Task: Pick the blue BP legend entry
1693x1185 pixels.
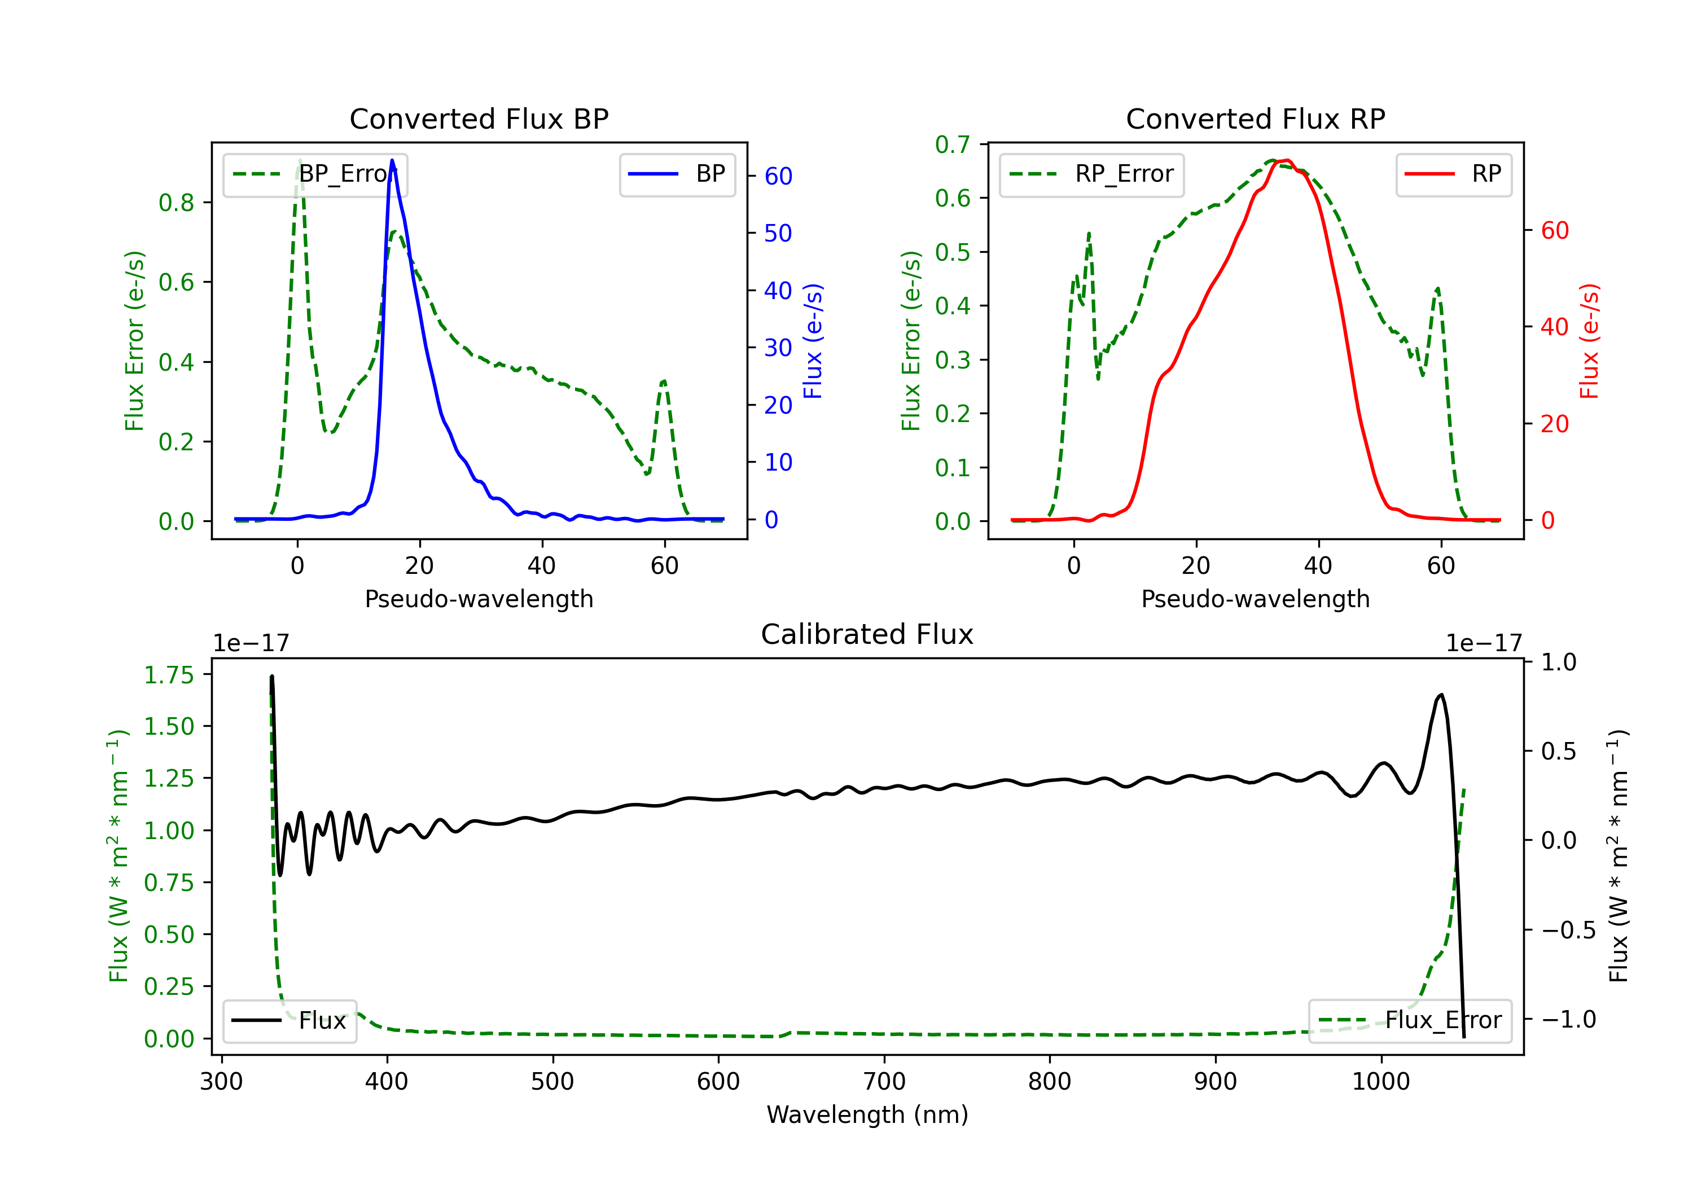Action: (677, 175)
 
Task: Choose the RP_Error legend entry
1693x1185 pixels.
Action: (1091, 175)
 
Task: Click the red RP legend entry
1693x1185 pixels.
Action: (1453, 175)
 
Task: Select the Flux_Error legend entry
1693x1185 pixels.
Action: (1409, 1021)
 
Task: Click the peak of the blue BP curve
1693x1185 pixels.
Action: (392, 161)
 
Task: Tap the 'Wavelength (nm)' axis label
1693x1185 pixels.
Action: (867, 1114)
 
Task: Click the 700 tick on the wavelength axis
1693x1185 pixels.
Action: (884, 1082)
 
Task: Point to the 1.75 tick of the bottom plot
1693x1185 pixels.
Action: (168, 675)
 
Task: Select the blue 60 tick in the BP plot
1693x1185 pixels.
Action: (778, 176)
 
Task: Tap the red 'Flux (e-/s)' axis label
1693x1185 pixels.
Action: (1590, 341)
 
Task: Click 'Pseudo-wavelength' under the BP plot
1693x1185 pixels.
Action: (479, 599)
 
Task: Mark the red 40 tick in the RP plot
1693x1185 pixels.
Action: (1554, 327)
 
